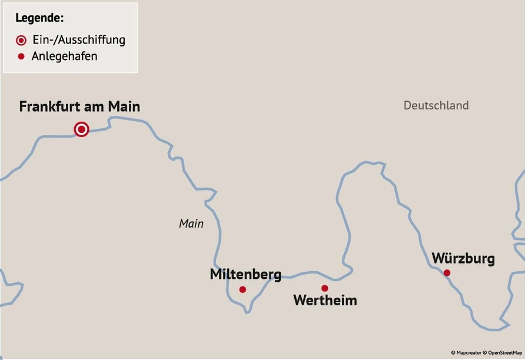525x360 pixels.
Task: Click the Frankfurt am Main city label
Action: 79,106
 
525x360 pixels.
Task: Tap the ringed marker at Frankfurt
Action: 81,129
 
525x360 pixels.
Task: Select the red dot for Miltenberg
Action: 242,289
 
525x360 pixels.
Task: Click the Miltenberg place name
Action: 245,274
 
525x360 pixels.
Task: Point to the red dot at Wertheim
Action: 324,288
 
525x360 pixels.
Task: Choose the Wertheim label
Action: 325,301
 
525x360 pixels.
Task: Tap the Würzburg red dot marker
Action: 447,272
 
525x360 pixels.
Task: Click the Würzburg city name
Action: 463,258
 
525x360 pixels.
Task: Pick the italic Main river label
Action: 191,224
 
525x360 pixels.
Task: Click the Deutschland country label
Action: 436,105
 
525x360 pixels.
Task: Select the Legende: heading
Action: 39,18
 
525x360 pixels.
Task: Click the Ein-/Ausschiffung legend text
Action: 79,40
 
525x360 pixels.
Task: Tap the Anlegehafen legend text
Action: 64,56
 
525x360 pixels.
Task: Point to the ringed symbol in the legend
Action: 21,40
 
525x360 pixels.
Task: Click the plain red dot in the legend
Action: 21,56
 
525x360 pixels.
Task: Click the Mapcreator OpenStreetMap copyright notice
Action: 486,353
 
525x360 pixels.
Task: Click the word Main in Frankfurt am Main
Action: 124,106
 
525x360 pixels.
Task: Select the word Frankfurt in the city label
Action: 49,106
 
